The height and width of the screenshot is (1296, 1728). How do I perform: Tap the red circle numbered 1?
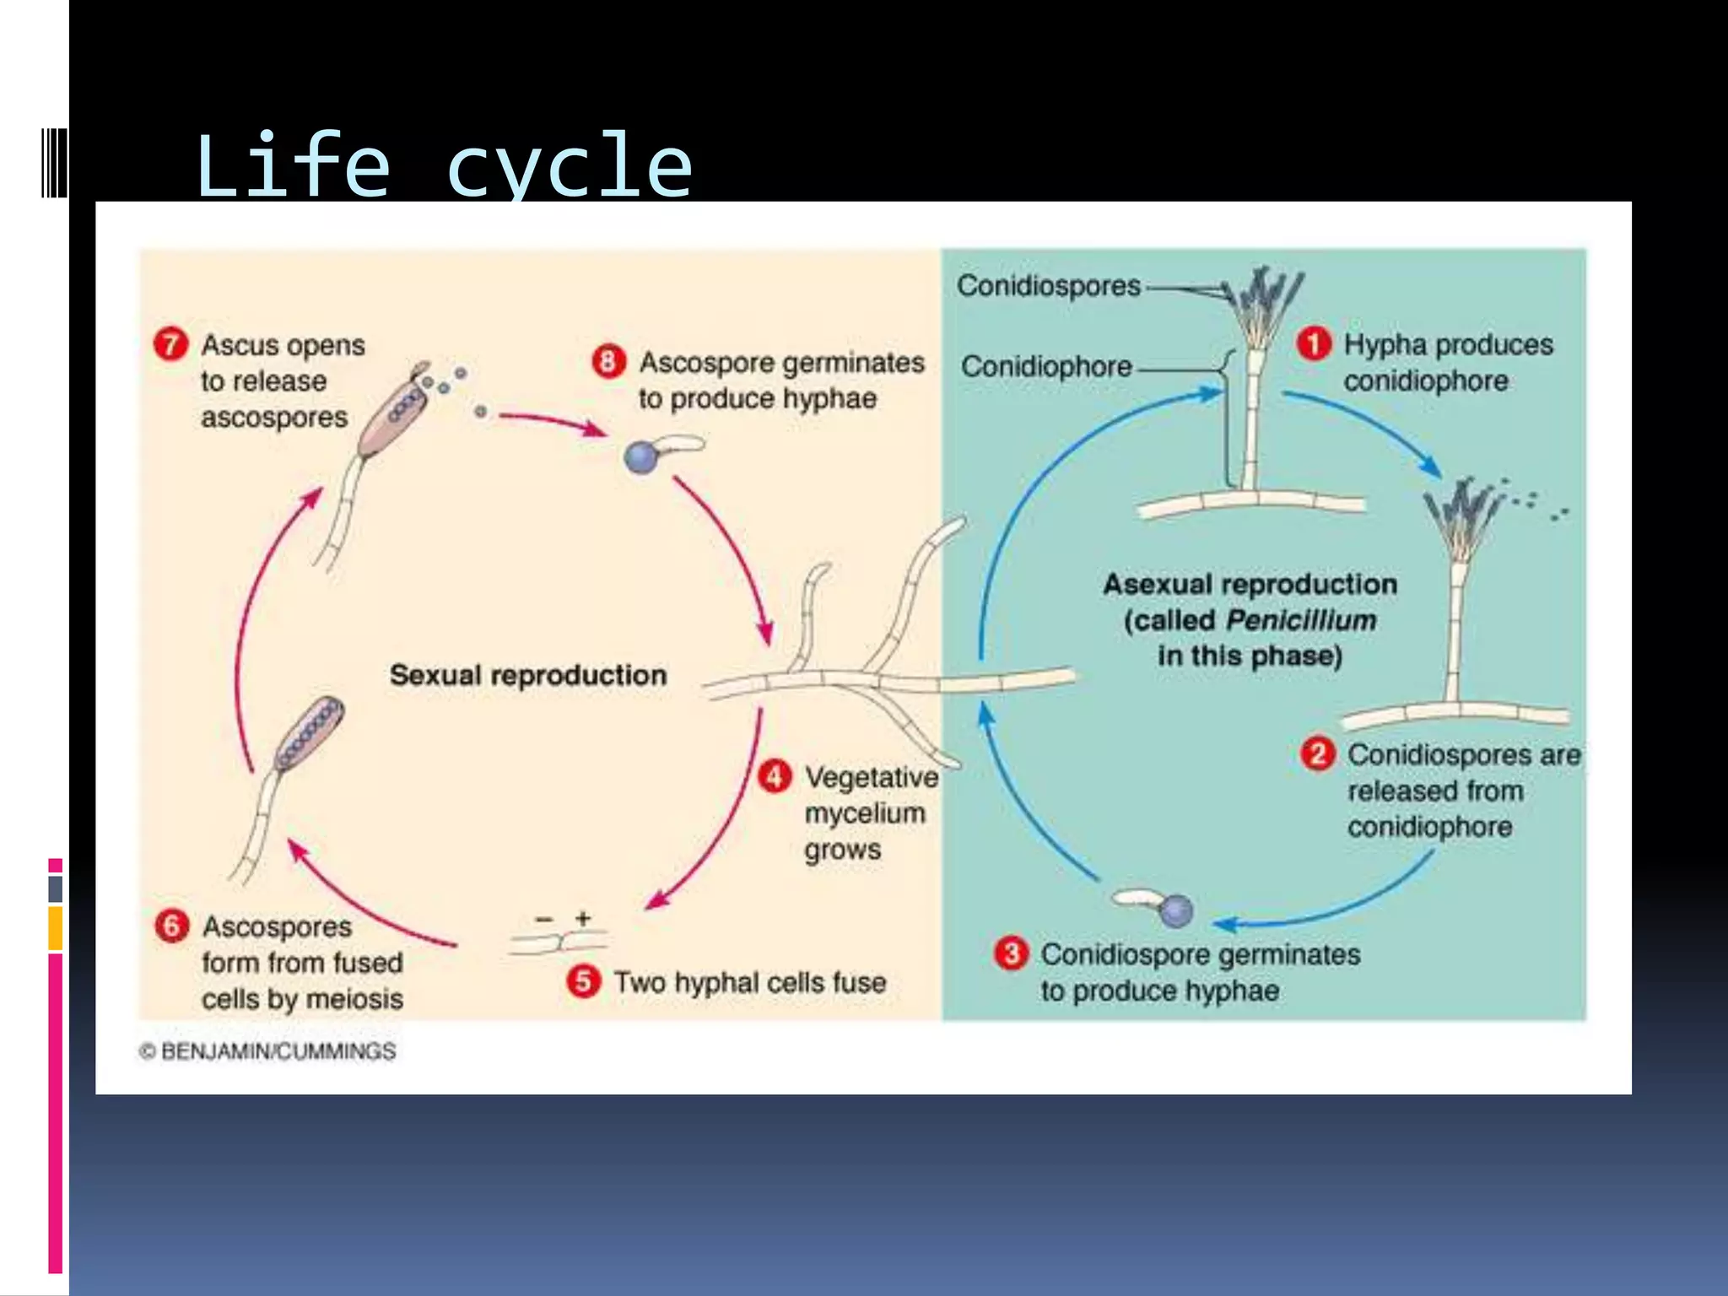[x=1313, y=343]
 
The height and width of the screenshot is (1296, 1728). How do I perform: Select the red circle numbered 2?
[x=1318, y=753]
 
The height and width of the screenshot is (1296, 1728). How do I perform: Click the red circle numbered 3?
[x=1011, y=953]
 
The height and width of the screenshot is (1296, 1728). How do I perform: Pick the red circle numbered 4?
[x=775, y=776]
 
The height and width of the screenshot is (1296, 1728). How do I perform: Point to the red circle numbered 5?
[x=584, y=981]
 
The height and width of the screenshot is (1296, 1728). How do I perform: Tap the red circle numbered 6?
[x=171, y=926]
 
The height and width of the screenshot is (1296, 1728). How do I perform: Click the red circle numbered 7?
[x=170, y=344]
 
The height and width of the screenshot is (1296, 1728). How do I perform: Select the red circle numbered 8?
[x=608, y=361]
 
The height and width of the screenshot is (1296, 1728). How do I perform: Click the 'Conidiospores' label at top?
[x=1048, y=286]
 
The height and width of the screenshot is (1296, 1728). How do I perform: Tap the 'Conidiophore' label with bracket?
[x=1046, y=366]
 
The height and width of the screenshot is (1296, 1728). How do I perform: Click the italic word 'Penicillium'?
[x=1301, y=620]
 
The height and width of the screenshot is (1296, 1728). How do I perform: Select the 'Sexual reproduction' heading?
[x=528, y=675]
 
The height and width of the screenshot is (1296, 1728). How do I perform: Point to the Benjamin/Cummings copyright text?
[x=268, y=1051]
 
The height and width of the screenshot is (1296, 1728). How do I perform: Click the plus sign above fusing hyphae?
[x=583, y=918]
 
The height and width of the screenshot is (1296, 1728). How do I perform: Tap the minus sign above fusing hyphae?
[x=544, y=919]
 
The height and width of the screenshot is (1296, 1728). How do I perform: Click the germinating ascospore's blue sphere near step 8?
[x=640, y=458]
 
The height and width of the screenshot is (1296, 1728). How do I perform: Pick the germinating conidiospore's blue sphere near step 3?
[x=1176, y=910]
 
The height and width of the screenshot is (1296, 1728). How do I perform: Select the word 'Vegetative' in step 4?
[x=872, y=777]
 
